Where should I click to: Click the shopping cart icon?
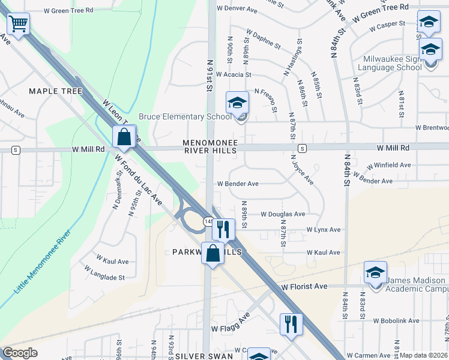click(x=19, y=25)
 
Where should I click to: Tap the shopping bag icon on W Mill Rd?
click(x=124, y=137)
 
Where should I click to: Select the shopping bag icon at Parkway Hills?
click(x=212, y=253)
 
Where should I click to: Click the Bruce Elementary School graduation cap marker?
click(x=237, y=104)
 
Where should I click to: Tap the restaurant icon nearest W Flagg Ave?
click(x=291, y=324)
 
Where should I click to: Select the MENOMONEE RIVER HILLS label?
click(x=210, y=147)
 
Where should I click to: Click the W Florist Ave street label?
click(x=304, y=287)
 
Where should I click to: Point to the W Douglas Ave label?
click(x=283, y=214)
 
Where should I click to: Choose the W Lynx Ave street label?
click(x=324, y=230)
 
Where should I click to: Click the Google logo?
click(x=20, y=353)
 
